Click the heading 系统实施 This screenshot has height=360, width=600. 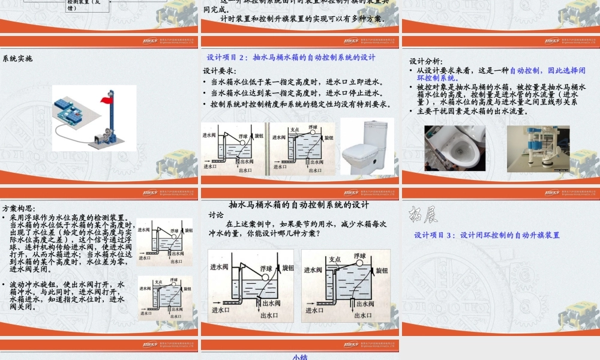(17, 59)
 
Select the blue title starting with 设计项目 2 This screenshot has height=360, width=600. (291, 58)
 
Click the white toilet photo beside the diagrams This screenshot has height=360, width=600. (367, 146)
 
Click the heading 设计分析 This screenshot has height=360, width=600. (426, 61)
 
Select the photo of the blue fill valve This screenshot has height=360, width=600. (538, 148)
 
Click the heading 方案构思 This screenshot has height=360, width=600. (19, 209)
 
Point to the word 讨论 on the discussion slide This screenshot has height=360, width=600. (216, 215)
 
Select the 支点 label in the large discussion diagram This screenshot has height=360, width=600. (335, 260)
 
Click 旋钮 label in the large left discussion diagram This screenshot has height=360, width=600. (289, 268)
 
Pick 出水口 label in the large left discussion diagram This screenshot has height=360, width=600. (268, 316)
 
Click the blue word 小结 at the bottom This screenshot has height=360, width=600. (300, 357)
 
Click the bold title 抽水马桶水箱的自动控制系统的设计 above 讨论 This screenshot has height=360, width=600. (299, 205)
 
